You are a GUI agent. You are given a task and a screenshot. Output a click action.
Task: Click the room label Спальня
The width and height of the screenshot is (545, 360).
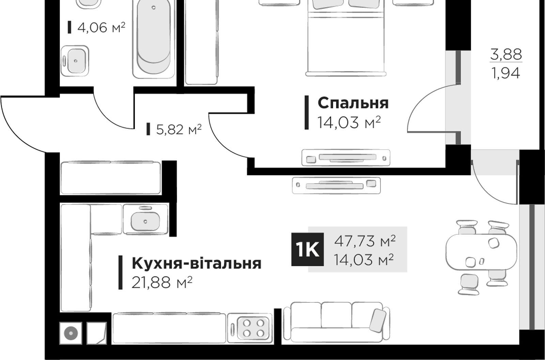click(x=353, y=103)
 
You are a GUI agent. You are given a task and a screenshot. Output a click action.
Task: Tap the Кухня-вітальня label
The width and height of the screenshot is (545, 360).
click(x=197, y=264)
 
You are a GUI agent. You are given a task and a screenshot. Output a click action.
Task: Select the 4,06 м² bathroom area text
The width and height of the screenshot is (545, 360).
click(x=101, y=27)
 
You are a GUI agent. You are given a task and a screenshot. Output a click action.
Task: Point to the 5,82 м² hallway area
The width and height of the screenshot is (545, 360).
click(x=179, y=129)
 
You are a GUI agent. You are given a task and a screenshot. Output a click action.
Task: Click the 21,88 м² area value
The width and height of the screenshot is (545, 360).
click(x=162, y=282)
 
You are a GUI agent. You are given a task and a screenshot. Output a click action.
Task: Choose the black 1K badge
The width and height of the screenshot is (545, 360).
click(x=308, y=249)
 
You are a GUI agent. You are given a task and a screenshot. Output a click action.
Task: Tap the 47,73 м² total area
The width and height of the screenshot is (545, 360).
click(x=365, y=241)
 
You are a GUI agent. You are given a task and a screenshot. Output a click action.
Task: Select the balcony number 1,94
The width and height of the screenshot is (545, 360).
click(x=506, y=73)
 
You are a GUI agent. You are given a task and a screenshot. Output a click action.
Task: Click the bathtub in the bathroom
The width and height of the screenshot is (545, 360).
click(x=154, y=39)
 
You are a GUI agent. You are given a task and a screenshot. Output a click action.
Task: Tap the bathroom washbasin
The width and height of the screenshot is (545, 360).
click(x=75, y=61)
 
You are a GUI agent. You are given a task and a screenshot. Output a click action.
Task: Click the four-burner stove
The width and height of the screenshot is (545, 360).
click(x=250, y=328)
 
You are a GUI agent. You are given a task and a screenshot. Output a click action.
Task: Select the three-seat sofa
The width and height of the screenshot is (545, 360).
click(x=337, y=322)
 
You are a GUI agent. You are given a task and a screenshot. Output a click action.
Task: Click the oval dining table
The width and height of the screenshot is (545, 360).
click(x=481, y=252)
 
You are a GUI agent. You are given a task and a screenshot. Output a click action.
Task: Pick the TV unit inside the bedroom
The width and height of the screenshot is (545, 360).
click(x=346, y=157)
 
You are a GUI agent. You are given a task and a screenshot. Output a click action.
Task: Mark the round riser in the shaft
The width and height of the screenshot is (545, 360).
click(x=71, y=333)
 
